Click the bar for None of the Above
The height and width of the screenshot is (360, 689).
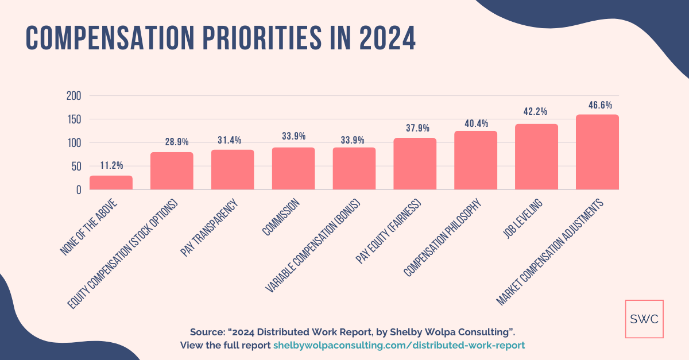[x=111, y=183]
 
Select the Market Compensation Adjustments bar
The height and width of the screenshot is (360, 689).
[x=597, y=152]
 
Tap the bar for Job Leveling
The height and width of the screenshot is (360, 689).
[x=536, y=157]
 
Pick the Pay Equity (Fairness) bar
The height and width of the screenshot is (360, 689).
[x=415, y=164]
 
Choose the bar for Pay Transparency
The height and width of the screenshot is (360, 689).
[x=233, y=170]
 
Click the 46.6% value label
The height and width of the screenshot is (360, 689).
[x=600, y=105]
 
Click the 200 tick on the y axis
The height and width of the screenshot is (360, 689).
[x=74, y=95]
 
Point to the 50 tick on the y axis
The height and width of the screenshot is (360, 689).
[x=76, y=167]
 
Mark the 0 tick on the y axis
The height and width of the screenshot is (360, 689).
[x=79, y=190]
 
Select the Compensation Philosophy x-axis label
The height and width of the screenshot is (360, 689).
[x=444, y=238]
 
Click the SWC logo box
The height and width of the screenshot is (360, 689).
[x=644, y=319]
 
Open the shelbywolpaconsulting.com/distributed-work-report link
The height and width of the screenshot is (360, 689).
[x=399, y=345]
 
